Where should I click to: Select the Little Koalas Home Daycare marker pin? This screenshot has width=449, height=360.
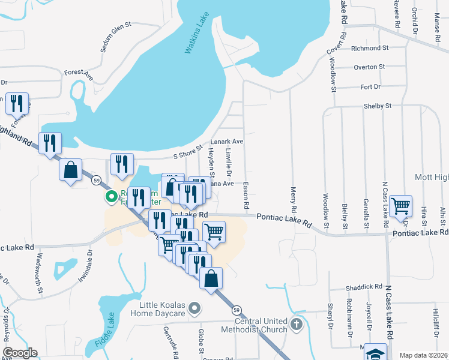tap(194, 309)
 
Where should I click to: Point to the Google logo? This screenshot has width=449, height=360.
tap(20, 353)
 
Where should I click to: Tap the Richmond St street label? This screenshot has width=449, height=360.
tap(370, 48)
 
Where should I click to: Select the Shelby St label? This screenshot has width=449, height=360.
tap(377, 106)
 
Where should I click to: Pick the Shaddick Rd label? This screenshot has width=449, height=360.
tap(366, 287)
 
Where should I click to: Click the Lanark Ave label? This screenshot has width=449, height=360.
tap(226, 142)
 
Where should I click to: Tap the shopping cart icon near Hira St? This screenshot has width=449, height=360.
tap(400, 206)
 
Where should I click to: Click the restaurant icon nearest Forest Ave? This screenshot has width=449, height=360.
tap(17, 103)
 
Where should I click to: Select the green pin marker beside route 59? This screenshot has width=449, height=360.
tap(112, 196)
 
